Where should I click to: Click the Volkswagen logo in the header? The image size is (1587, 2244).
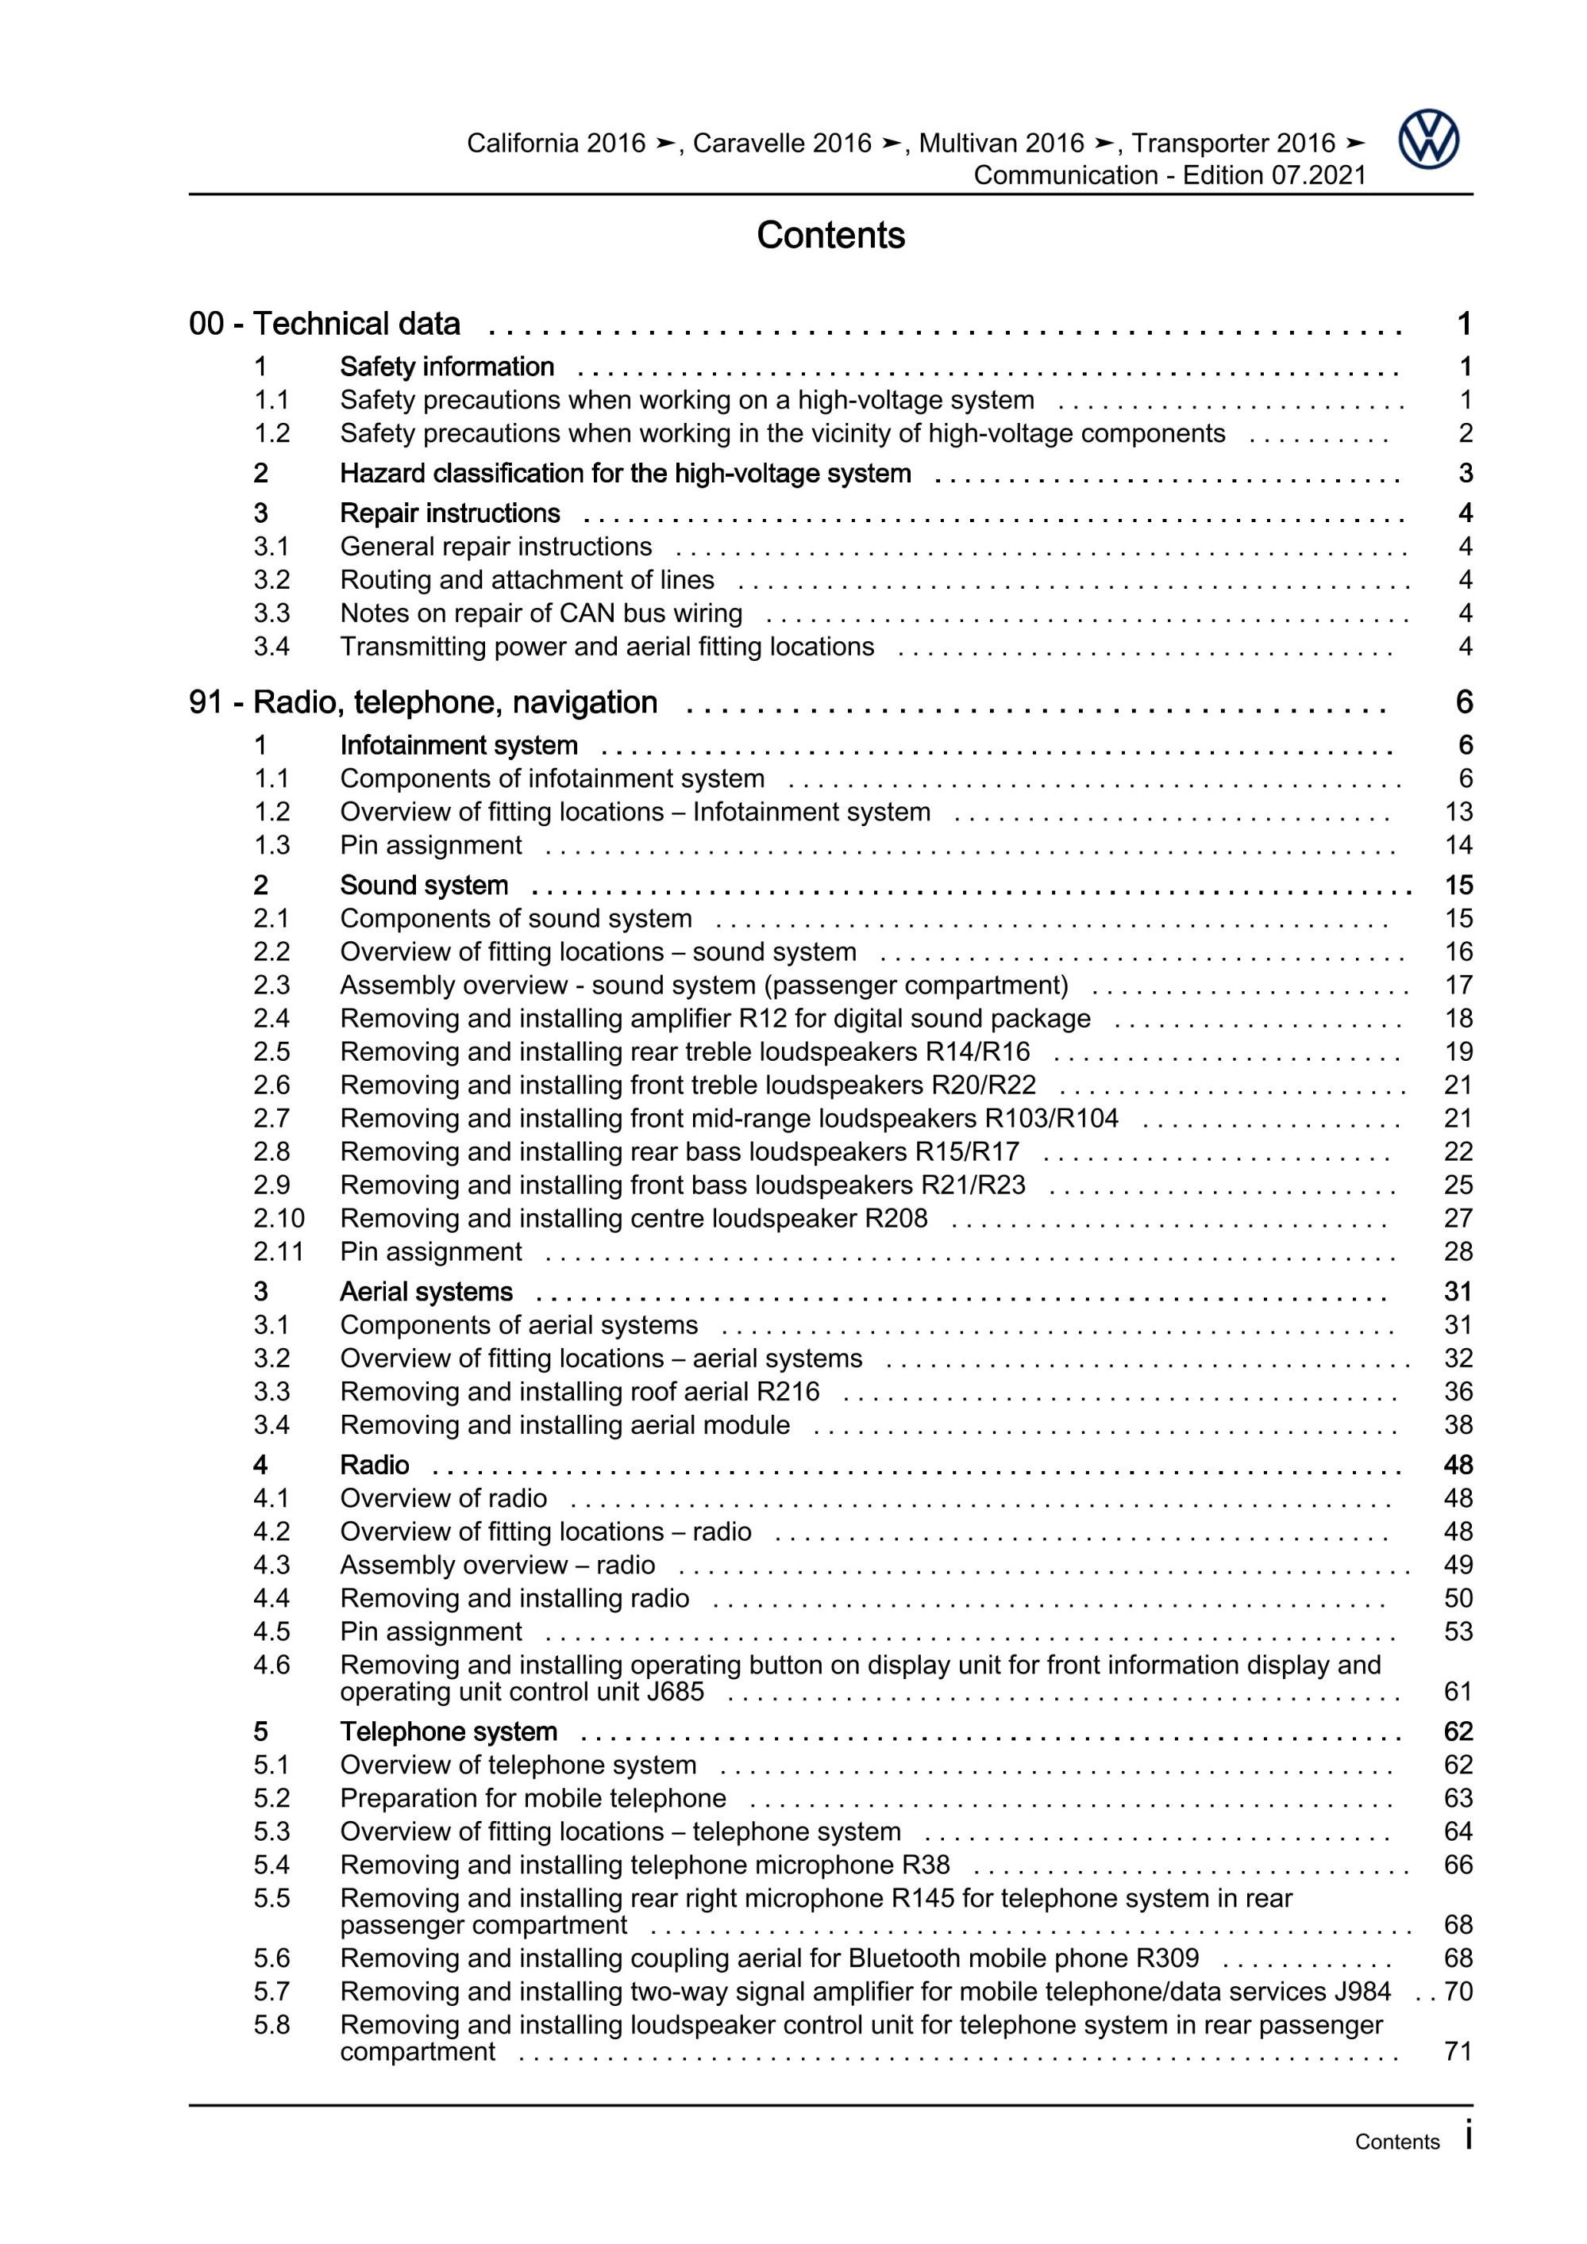tap(1427, 140)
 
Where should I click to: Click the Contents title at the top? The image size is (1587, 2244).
tap(830, 236)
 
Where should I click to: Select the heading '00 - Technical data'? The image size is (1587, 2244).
tap(324, 324)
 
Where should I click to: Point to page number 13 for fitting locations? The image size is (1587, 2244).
tap(1458, 813)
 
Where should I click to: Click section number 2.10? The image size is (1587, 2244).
tap(279, 1218)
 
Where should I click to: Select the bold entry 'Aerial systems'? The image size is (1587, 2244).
tap(426, 1291)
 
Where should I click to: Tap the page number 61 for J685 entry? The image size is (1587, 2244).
tap(1458, 1691)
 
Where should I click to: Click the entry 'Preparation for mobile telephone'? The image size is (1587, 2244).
tap(533, 1797)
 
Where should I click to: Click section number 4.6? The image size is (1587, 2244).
tap(272, 1665)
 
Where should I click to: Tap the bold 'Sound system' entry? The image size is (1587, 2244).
tap(423, 885)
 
